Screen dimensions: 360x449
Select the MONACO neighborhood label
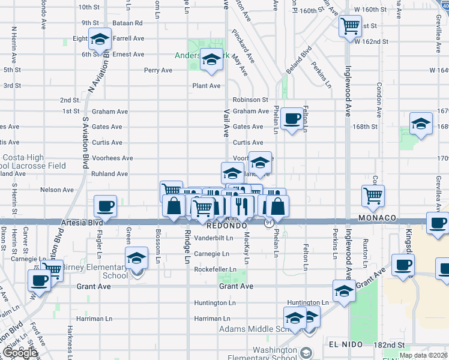point(379,217)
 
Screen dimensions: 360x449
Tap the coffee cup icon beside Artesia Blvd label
point(106,206)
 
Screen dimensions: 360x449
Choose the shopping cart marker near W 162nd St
point(349,26)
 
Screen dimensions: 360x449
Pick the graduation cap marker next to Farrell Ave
point(100,39)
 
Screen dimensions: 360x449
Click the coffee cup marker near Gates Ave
point(292,118)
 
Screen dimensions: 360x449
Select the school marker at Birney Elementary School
point(137,258)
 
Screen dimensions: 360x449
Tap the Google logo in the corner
point(19,353)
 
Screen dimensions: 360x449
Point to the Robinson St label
point(251,100)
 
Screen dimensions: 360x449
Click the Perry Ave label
point(158,70)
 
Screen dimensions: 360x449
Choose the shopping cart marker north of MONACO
point(373,194)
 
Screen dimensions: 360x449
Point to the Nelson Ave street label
point(57,190)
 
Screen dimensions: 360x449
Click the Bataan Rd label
point(130,23)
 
